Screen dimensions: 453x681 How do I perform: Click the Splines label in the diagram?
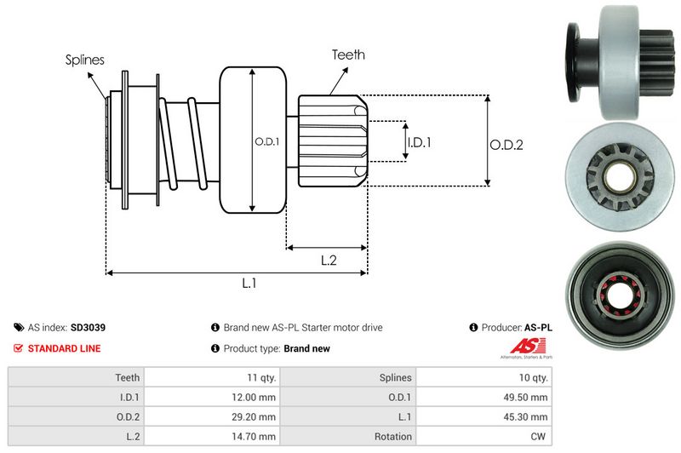[x=84, y=60]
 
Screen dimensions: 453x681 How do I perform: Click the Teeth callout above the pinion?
[x=348, y=54]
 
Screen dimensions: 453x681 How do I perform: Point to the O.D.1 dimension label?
[x=266, y=141]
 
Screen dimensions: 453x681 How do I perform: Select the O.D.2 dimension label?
[x=506, y=145]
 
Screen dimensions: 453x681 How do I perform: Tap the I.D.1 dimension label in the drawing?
[x=419, y=142]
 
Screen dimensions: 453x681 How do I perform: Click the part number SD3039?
[x=88, y=327]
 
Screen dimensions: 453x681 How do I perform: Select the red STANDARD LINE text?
[x=64, y=348]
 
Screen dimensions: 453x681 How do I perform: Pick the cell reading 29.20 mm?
[x=256, y=416]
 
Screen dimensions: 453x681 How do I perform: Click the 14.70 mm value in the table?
[x=256, y=436]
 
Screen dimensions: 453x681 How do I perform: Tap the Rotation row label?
[x=394, y=436]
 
